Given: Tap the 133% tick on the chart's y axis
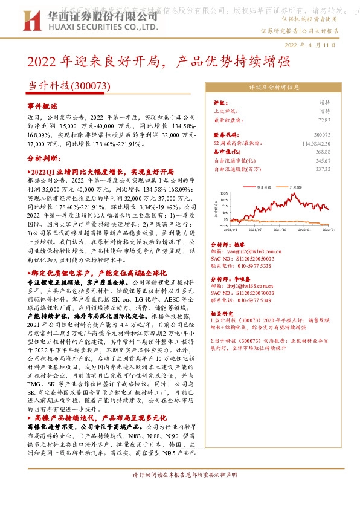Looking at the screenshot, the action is click(225, 193).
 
